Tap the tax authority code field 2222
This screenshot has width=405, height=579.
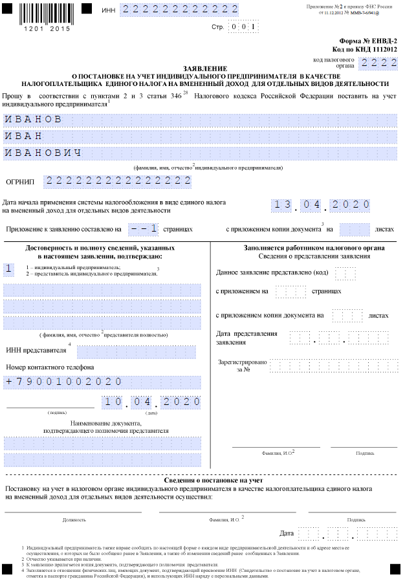(x=377, y=63)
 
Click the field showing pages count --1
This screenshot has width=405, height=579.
(x=143, y=229)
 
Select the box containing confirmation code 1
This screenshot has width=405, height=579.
(x=9, y=268)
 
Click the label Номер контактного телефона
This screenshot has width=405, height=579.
(x=50, y=367)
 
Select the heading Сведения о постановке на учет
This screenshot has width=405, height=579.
(x=202, y=480)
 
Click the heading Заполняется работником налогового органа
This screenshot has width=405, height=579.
(x=305, y=248)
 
